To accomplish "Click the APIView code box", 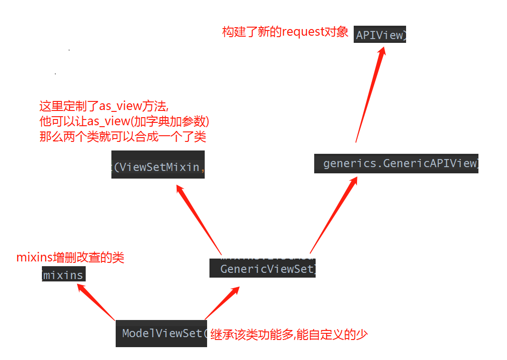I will (x=380, y=35).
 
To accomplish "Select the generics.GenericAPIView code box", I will (x=396, y=163).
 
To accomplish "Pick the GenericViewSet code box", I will (x=262, y=269).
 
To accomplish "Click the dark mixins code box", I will (x=63, y=275).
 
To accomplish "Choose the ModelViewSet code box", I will (x=161, y=333).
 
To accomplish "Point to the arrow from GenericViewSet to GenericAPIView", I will (x=333, y=214).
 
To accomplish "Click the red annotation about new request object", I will (x=285, y=32).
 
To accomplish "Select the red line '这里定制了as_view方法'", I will (x=104, y=106).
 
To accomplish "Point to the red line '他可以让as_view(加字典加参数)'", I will (x=124, y=121).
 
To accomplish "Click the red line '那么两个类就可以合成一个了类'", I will (x=122, y=137).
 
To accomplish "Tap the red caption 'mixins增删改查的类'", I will (x=70, y=258).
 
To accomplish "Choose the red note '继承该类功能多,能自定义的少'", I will (x=289, y=334).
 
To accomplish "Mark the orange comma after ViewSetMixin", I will (x=202, y=167).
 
